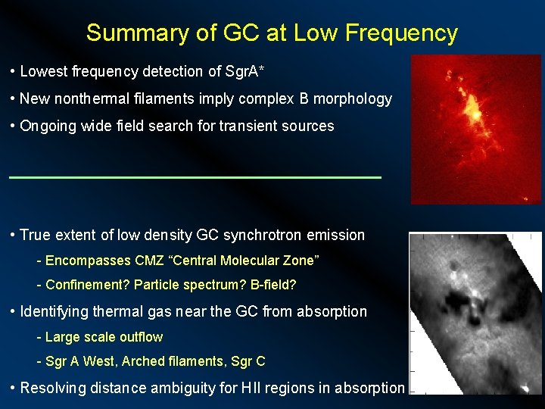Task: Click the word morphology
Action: pos(355,98)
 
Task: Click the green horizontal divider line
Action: pos(195,177)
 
